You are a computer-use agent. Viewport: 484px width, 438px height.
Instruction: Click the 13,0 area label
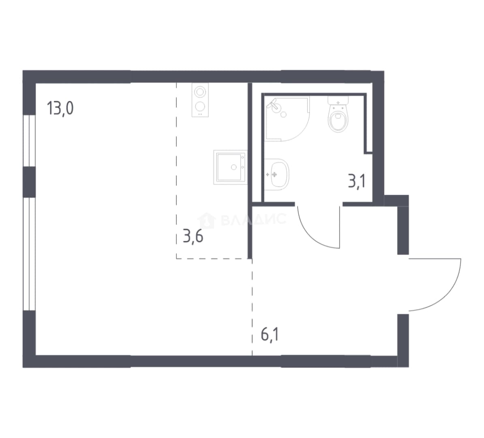[60, 108]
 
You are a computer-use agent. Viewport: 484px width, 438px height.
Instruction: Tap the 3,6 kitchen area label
[193, 236]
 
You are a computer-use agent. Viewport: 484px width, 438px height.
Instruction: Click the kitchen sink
[230, 167]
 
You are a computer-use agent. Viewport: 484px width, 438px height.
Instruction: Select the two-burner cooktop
[200, 100]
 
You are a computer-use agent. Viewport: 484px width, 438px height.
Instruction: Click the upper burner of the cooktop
[200, 92]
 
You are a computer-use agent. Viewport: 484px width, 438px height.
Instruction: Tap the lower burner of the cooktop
[200, 107]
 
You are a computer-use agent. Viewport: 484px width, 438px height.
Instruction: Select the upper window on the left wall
[29, 141]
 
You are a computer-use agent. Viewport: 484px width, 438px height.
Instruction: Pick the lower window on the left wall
[29, 253]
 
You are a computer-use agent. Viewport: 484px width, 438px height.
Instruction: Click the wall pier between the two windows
[29, 182]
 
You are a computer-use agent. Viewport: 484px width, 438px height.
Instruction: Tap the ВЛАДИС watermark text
[254, 219]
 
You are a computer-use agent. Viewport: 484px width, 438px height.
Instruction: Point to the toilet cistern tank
[338, 101]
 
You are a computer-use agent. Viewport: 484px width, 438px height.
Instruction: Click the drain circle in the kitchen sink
[234, 167]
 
